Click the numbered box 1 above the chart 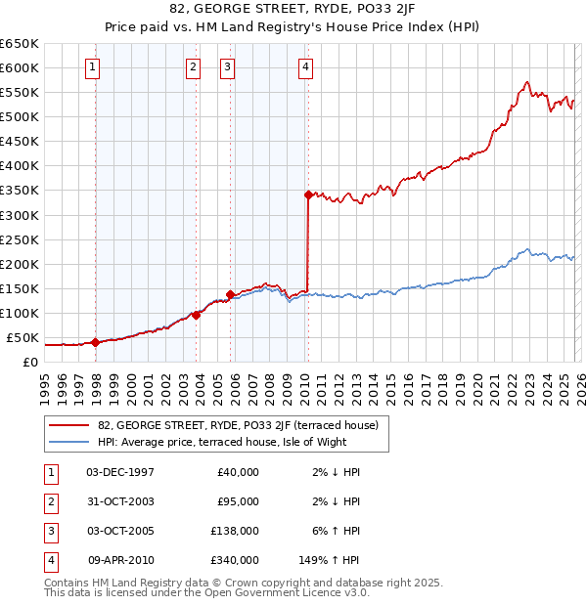click(91, 67)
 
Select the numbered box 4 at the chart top click(305, 67)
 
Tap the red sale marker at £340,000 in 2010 click(308, 195)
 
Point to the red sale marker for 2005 click(231, 293)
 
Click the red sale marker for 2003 click(197, 315)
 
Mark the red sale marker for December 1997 click(95, 342)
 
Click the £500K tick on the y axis click(20, 116)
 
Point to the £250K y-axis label click(20, 239)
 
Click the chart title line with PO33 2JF click(293, 12)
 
